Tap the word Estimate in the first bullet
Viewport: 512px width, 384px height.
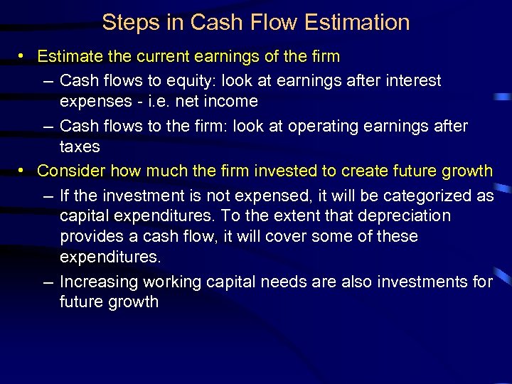69,56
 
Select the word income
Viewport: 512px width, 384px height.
232,101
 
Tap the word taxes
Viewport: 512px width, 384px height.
80,146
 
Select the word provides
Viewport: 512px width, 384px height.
90,236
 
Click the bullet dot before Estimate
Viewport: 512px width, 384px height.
24,56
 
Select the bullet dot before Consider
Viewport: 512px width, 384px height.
24,171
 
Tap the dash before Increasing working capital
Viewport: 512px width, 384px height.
48,282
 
